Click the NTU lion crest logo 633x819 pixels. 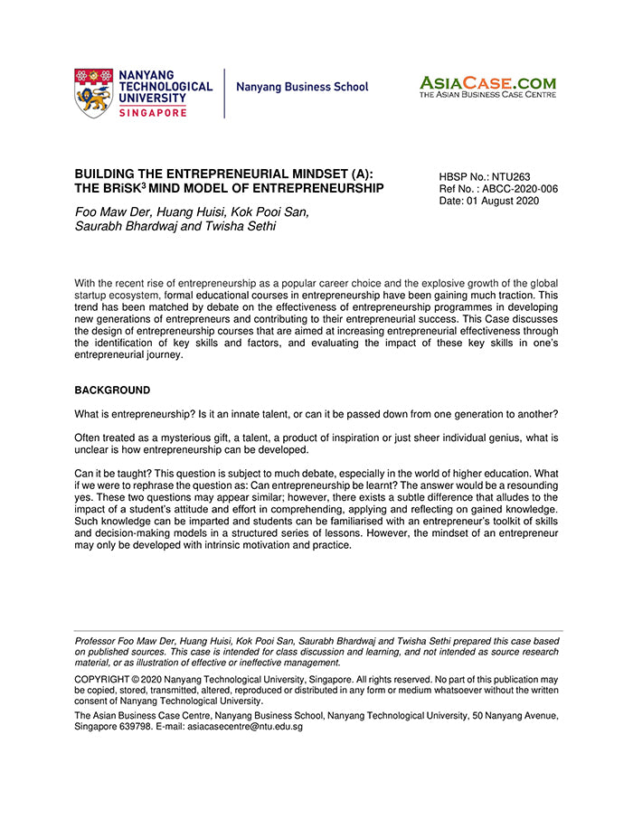click(x=94, y=92)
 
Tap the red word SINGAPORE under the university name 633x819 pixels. click(x=153, y=112)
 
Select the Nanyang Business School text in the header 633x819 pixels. click(x=302, y=88)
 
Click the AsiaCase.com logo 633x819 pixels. click(x=487, y=82)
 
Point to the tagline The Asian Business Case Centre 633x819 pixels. click(x=487, y=94)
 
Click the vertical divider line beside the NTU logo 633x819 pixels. click(x=224, y=92)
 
